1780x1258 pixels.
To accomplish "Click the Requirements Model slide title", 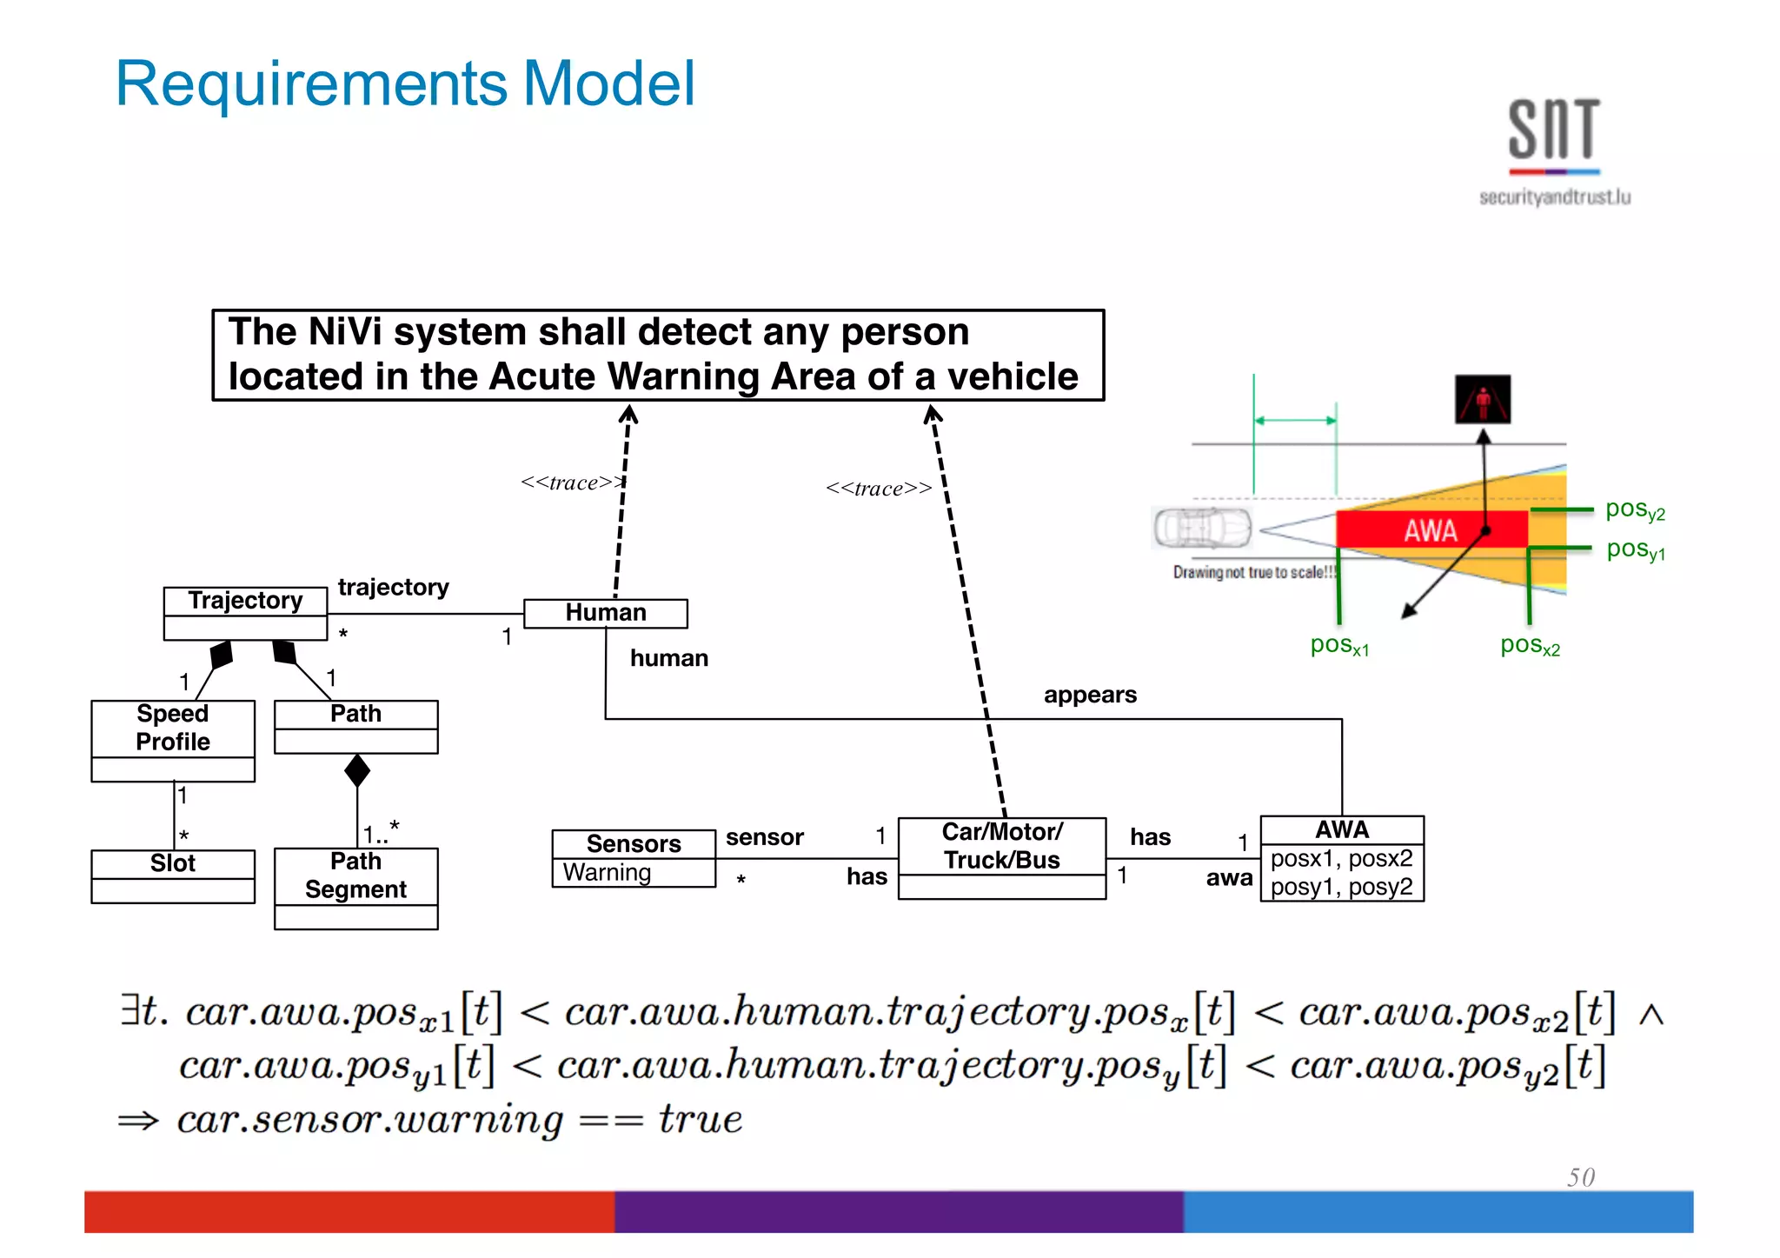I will (x=405, y=84).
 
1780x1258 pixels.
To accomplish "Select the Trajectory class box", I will (x=245, y=613).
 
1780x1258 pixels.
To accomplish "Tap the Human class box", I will (x=606, y=613).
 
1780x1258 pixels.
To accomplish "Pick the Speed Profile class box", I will (x=173, y=739).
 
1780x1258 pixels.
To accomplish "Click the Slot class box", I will (x=173, y=875).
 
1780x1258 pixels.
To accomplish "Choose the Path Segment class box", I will (x=355, y=888).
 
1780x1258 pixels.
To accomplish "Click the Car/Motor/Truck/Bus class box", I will (x=1001, y=857).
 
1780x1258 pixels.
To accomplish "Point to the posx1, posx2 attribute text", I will (x=1341, y=859).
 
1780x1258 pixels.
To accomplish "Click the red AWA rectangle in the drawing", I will (x=1431, y=529).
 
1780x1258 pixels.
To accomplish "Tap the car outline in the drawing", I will (x=1202, y=528).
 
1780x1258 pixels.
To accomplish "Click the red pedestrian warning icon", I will (x=1483, y=400).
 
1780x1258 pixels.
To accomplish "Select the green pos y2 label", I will (x=1634, y=509).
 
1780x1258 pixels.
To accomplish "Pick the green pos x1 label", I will (x=1339, y=645).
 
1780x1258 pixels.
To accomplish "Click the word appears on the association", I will (x=1090, y=695).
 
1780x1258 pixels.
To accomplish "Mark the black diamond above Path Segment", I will (x=357, y=770).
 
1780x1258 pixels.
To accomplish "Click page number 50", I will (x=1581, y=1177).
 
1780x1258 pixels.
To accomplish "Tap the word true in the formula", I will (x=701, y=1119).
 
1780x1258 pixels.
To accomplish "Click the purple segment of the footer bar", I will (x=898, y=1212).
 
